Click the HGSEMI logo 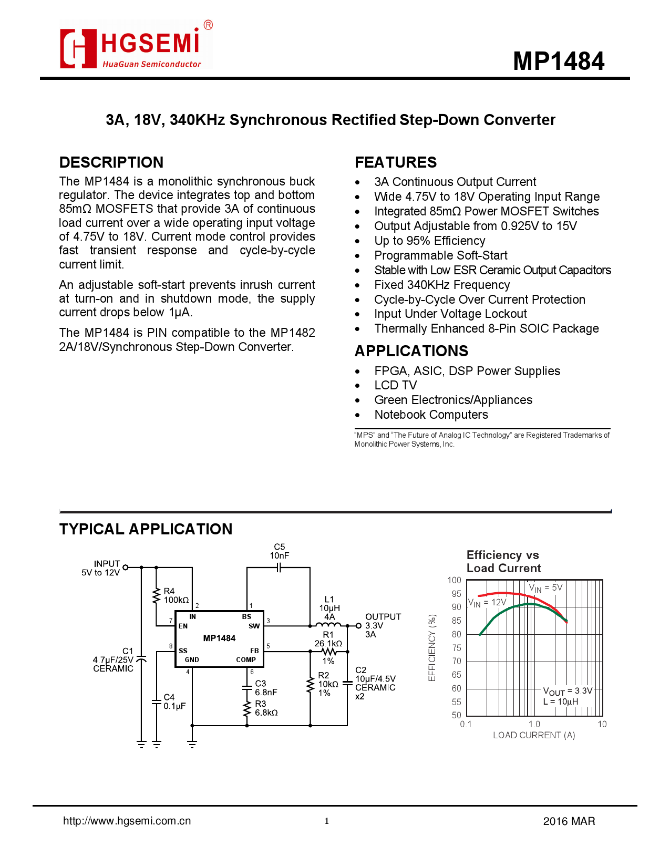[x=136, y=45]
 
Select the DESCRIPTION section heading [x=111, y=162]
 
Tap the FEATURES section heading [x=396, y=162]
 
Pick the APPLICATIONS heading [x=411, y=351]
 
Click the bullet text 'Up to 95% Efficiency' [x=430, y=241]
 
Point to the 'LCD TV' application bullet [x=396, y=385]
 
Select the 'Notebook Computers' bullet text [x=431, y=415]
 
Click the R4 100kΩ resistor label [x=176, y=595]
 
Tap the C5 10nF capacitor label [x=280, y=551]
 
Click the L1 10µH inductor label [x=329, y=608]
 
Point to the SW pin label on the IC [x=254, y=626]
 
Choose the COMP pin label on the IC [x=246, y=659]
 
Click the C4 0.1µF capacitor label [x=175, y=701]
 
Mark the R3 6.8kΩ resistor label [x=266, y=708]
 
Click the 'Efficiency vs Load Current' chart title [x=503, y=561]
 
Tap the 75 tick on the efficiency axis [x=457, y=647]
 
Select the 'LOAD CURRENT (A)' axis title [x=534, y=735]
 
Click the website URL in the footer [x=127, y=821]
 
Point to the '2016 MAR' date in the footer [x=569, y=821]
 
